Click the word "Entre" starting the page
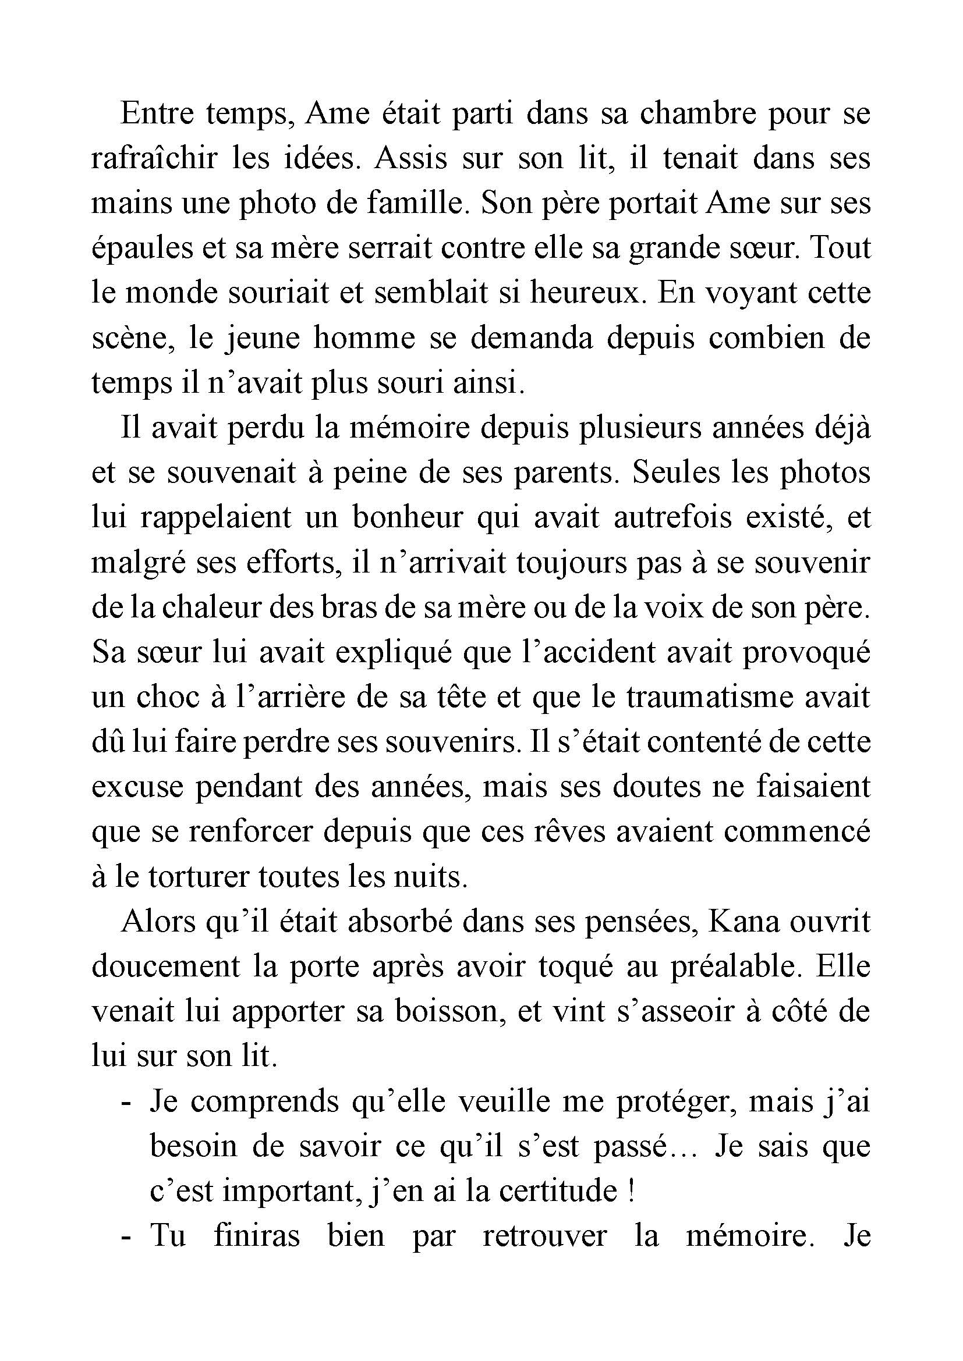click(x=157, y=114)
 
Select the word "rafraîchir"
click(x=153, y=159)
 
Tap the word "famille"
click(x=413, y=203)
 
